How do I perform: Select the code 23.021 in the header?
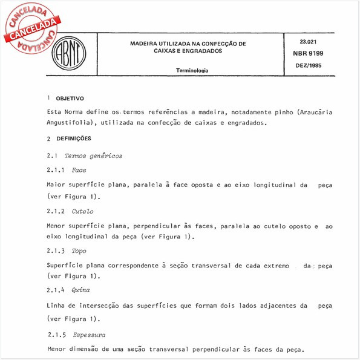309,41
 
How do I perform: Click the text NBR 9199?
309,53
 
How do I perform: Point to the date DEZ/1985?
309,64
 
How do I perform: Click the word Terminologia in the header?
192,71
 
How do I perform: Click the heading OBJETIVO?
70,98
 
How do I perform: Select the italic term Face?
79,170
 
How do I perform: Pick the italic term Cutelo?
82,211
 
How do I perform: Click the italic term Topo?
79,250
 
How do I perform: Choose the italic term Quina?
80,290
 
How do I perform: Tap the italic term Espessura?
89,335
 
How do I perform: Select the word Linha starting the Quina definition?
56,306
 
